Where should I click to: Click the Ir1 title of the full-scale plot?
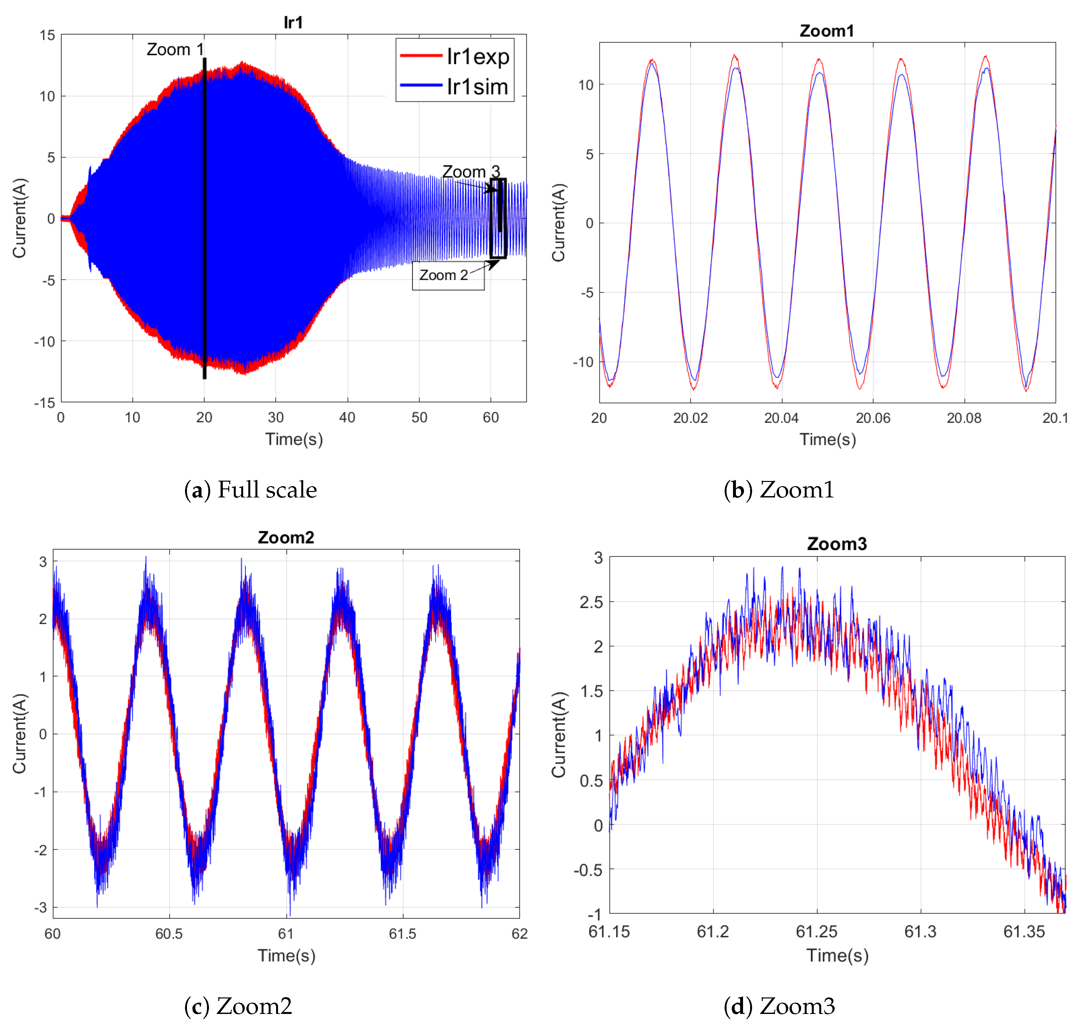click(x=293, y=23)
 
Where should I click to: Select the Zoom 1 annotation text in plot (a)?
click(x=175, y=49)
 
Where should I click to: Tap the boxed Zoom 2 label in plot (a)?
click(x=444, y=275)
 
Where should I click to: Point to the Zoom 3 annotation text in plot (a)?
click(x=471, y=172)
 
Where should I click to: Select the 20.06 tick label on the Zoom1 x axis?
click(x=873, y=418)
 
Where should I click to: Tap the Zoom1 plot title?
click(x=826, y=31)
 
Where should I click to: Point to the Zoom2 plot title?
click(x=286, y=537)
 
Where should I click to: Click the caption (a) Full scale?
click(x=251, y=489)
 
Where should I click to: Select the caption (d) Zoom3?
click(x=779, y=1006)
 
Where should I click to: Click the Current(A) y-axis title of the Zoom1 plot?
click(x=558, y=223)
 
